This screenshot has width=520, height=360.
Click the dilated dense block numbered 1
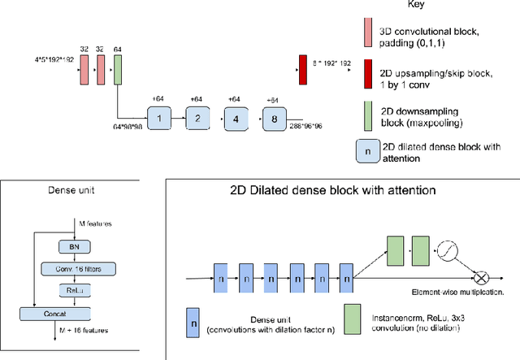[x=159, y=118]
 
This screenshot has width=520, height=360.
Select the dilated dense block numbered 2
[x=197, y=118]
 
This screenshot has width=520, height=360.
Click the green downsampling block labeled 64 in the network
[x=118, y=70]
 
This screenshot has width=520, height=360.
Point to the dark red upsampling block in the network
[x=302, y=71]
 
